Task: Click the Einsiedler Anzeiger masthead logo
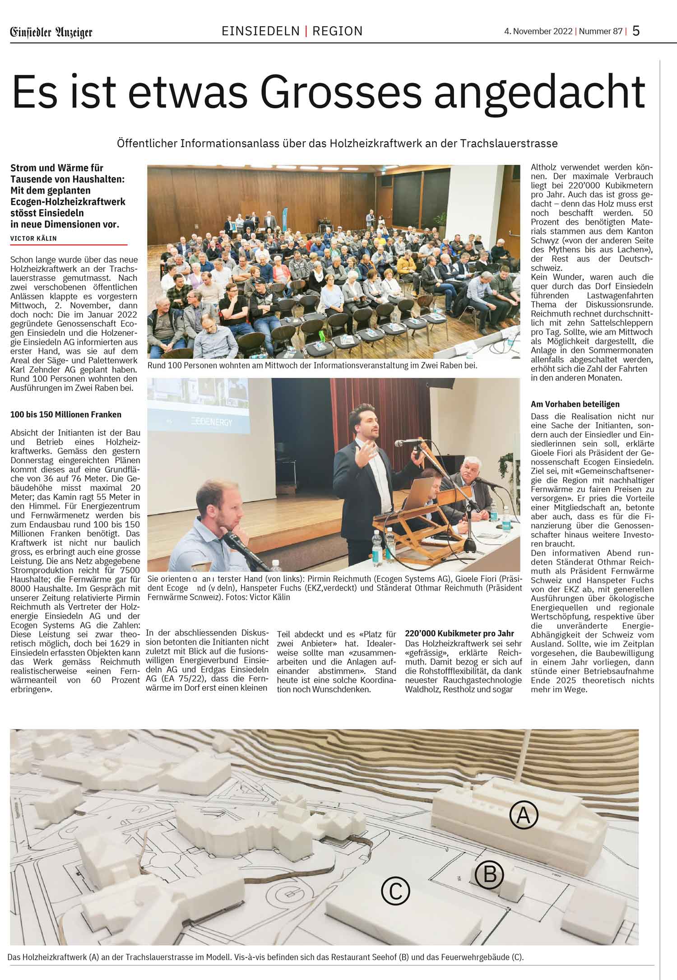pos(51,32)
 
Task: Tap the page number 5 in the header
pos(636,31)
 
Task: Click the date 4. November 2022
pos(538,32)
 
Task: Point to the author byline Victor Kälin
pos(33,238)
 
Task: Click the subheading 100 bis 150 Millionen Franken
pos(66,414)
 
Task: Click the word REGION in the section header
pos(338,31)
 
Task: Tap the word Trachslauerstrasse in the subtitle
pos(509,144)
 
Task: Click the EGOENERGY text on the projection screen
pos(212,422)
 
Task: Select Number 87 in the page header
pos(600,32)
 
